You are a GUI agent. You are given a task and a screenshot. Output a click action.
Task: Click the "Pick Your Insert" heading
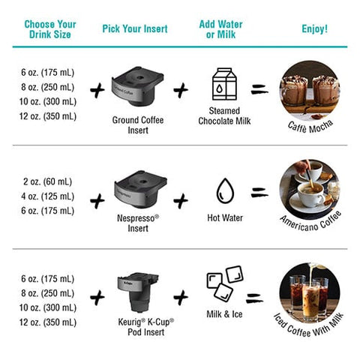tap(135, 28)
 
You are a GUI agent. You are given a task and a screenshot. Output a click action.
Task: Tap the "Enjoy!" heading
tap(314, 28)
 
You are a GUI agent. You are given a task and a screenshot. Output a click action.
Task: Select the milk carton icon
tap(224, 84)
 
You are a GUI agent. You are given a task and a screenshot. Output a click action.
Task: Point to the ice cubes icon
tap(225, 283)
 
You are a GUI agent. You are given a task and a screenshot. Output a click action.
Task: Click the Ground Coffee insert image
tap(137, 86)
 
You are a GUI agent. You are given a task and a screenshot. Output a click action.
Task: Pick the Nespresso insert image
tap(140, 189)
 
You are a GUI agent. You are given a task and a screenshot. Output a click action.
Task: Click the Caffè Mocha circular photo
tap(310, 91)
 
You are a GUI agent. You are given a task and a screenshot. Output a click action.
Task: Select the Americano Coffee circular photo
tap(310, 190)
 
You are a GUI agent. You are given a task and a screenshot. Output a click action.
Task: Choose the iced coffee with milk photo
tap(310, 293)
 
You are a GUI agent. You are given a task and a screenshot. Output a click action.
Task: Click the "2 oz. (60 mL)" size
tap(47, 181)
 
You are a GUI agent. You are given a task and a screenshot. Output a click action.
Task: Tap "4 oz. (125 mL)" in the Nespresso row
tap(47, 196)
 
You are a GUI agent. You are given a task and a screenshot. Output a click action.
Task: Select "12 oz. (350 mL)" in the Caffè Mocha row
tap(48, 116)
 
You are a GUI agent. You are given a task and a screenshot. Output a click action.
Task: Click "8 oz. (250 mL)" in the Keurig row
tap(47, 293)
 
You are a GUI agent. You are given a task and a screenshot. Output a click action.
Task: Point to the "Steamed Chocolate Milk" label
tap(224, 115)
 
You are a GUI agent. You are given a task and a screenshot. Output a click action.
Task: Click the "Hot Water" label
tap(225, 217)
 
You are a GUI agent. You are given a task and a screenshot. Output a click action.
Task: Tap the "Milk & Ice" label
tap(224, 314)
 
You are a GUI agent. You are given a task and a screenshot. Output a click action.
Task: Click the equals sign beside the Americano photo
tap(259, 192)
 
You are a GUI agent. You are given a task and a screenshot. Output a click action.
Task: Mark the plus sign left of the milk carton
tap(181, 90)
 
